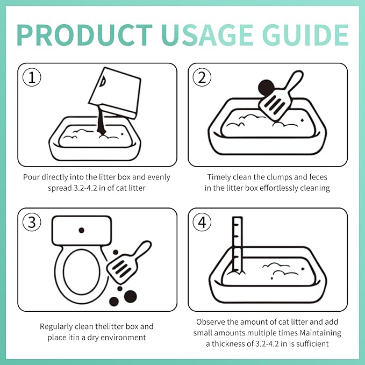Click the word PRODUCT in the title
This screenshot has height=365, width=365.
coord(84,35)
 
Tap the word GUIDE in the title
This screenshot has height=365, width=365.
coord(305,35)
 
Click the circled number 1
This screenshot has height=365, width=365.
coord(32,77)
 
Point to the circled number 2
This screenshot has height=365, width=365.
coord(202,77)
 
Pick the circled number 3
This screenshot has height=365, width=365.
coord(32,222)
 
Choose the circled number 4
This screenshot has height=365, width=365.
coord(202,222)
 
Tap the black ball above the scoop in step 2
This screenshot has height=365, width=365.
coord(266,87)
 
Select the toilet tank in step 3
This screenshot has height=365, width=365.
coord(82,231)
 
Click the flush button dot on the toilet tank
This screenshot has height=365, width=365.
coord(82,230)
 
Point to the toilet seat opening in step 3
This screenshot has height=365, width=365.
coord(82,272)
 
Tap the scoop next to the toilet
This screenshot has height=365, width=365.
coord(128,262)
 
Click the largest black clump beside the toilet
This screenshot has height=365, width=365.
coord(130,297)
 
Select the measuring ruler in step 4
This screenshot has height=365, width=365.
coord(238,246)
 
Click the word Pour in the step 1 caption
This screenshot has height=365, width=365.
coord(31,177)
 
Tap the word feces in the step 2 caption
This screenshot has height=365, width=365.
coord(318,177)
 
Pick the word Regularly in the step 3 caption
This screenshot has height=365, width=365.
coord(56,327)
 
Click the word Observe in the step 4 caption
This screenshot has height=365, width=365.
coord(211,322)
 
